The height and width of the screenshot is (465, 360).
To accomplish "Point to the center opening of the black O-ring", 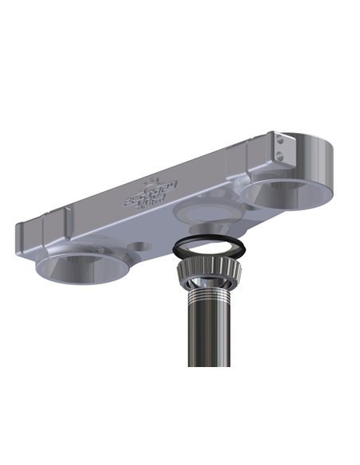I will pos(209,248).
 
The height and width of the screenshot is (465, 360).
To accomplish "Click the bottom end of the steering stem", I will pos(209,365).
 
